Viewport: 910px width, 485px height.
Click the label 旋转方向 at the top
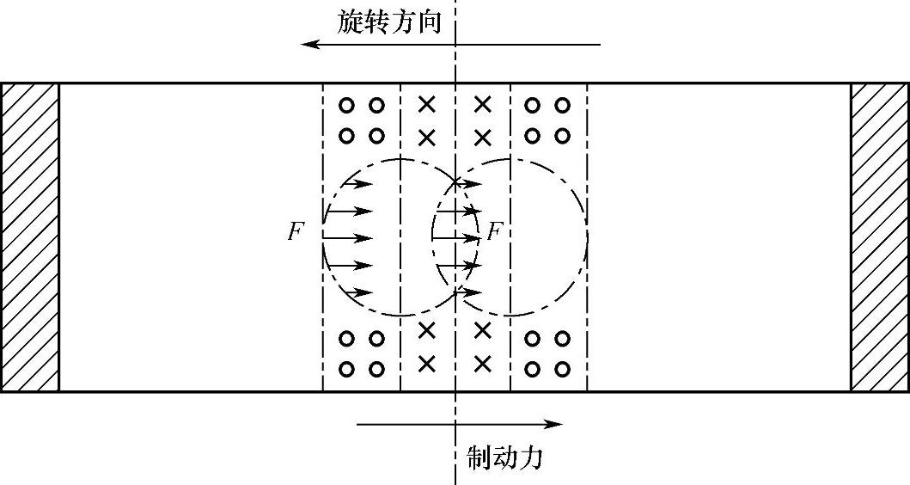pyautogui.click(x=389, y=21)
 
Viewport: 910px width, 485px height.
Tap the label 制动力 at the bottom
pyautogui.click(x=504, y=457)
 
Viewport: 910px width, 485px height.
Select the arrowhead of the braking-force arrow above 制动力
pyautogui.click(x=557, y=423)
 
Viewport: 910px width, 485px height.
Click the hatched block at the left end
pyautogui.click(x=29, y=237)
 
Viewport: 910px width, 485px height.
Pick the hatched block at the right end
pyautogui.click(x=880, y=237)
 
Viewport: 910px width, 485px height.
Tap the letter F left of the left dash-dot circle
pyautogui.click(x=296, y=233)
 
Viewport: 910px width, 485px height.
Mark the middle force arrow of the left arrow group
pyautogui.click(x=350, y=237)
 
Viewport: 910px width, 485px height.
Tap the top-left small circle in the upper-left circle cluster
pyautogui.click(x=346, y=106)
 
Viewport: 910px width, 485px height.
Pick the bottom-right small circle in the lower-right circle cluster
pyautogui.click(x=562, y=369)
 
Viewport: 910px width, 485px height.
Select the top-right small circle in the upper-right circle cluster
pyautogui.click(x=562, y=106)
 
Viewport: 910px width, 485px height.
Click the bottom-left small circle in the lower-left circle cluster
pyautogui.click(x=346, y=369)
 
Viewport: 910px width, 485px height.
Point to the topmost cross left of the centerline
pyautogui.click(x=426, y=105)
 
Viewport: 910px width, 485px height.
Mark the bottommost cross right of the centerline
pyautogui.click(x=483, y=363)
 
